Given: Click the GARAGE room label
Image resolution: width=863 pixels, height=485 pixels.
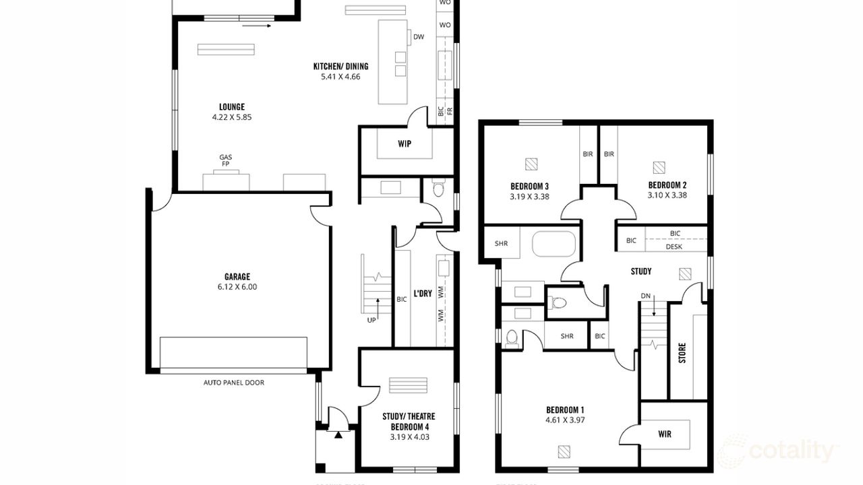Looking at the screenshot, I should point(237,276).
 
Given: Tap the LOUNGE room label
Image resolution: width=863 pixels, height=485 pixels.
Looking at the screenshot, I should point(231,106).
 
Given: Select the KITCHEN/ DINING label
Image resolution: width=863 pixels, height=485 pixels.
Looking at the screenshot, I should point(340,66).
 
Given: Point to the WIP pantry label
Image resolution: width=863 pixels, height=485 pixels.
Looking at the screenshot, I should point(405,143).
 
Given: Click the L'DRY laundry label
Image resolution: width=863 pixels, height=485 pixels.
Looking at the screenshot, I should point(423,293).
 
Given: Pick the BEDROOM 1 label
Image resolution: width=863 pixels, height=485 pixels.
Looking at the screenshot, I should point(565,410).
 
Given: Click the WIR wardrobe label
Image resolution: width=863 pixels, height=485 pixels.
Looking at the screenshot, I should point(664,433).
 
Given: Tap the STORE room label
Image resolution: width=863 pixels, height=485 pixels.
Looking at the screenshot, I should point(682,354).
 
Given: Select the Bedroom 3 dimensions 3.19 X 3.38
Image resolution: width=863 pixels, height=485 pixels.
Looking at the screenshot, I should point(529,197).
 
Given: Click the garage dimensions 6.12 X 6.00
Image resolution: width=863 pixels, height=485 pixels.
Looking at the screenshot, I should point(237,286).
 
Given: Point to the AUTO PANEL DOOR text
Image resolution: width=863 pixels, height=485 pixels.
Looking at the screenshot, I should point(234,383).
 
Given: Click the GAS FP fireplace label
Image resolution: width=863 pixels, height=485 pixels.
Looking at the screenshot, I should point(225,160).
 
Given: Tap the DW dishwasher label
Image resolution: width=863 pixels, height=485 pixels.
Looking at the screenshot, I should point(419,37).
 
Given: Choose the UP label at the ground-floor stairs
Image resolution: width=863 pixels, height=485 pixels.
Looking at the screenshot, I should point(371,320).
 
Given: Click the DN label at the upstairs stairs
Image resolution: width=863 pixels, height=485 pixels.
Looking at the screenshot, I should point(645,295).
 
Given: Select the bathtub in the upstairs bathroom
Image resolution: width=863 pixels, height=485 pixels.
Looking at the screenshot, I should point(554,244).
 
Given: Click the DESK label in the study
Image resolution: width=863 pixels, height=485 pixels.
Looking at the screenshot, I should point(674,247).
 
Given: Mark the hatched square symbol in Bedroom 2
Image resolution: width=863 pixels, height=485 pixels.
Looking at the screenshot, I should point(659,166).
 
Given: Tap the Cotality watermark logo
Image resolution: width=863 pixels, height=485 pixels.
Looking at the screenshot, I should point(779,450).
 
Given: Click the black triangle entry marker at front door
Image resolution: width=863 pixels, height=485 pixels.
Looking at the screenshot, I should point(338,434).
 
